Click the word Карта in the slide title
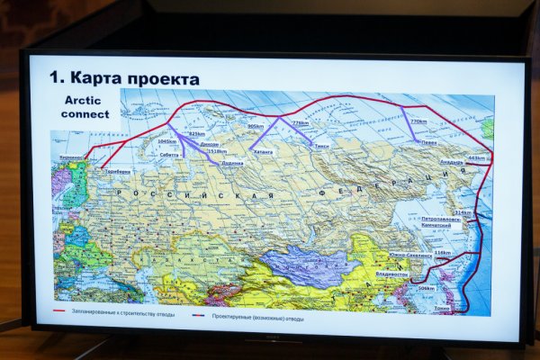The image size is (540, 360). [94, 79]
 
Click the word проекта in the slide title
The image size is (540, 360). [161, 80]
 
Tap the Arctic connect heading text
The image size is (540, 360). [85, 107]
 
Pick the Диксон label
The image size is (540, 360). [208, 144]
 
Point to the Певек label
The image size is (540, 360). [429, 141]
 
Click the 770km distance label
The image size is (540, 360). [418, 121]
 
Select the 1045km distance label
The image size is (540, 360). [167, 141]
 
